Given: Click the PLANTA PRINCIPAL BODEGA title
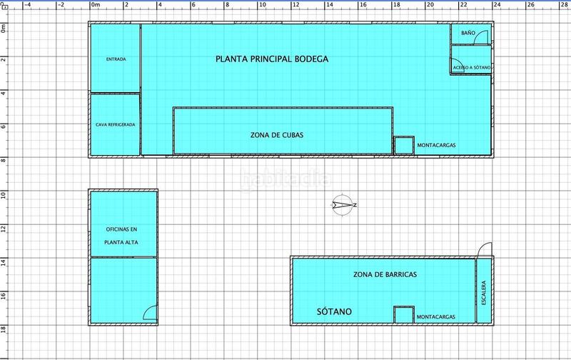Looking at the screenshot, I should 272,59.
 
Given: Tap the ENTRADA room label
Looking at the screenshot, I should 116,59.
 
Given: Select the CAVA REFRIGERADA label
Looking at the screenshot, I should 116,124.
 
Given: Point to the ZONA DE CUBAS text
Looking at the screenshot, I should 272,134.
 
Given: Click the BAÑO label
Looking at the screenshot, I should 468,34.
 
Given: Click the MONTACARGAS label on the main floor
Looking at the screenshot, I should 437,144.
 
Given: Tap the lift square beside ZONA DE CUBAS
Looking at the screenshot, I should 404,145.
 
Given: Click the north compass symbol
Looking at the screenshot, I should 343,205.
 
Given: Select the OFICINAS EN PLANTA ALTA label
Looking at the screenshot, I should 121,236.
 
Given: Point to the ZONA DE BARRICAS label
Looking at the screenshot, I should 385,274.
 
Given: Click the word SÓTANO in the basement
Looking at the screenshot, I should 334,311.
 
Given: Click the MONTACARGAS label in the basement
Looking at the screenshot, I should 437,316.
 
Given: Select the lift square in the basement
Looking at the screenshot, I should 404,315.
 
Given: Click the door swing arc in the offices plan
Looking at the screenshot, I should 151,311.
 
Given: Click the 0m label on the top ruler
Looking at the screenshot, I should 96,5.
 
